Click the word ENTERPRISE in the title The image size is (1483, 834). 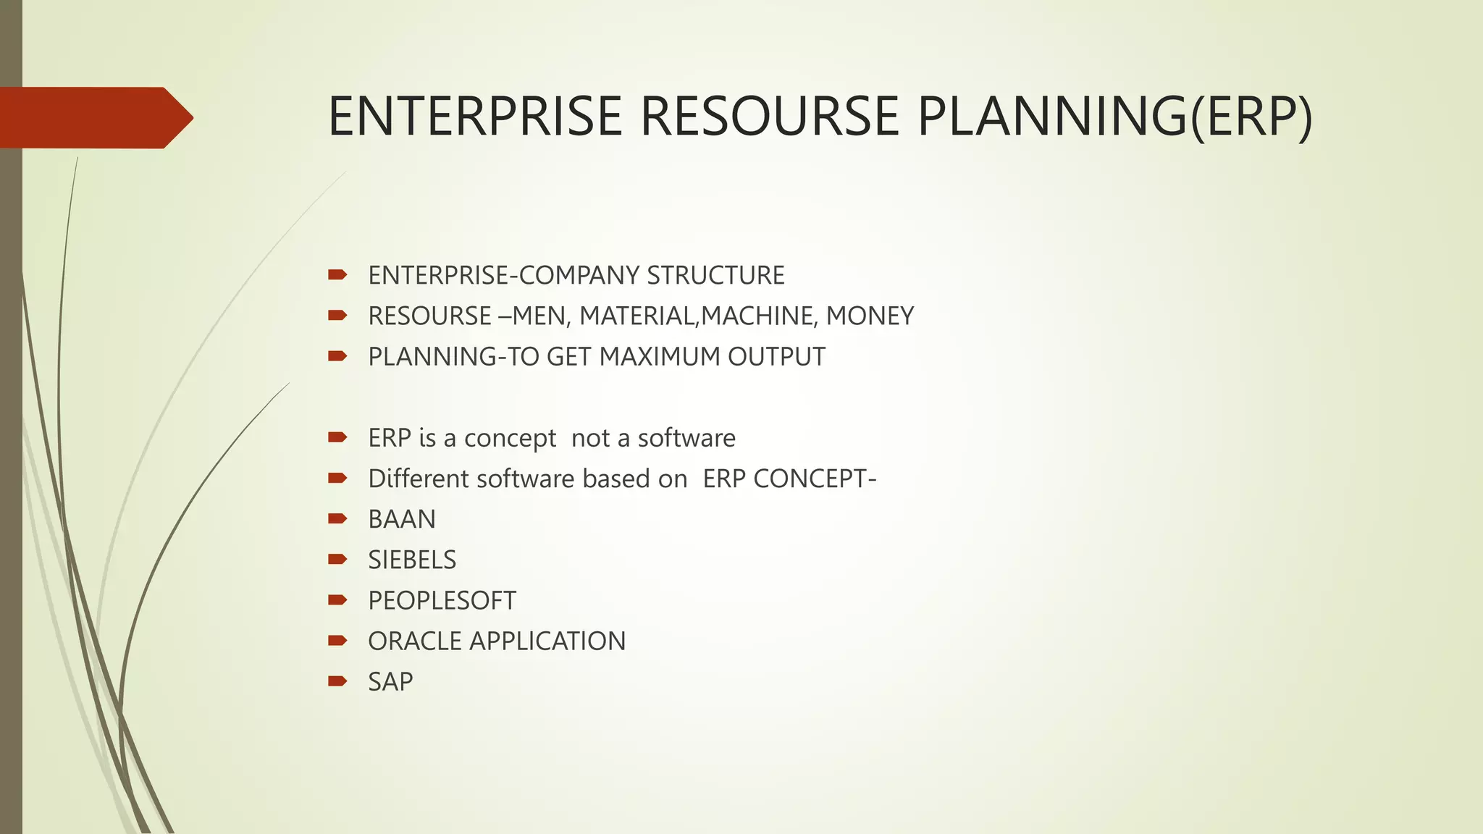point(475,117)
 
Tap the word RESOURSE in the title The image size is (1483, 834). point(770,117)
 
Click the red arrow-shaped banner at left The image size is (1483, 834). point(94,117)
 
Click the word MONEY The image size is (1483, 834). point(870,316)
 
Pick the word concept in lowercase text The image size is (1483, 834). point(510,439)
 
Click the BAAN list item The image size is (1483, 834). point(402,520)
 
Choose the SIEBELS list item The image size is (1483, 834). point(412,560)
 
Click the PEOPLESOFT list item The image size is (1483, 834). point(442,601)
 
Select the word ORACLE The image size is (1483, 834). point(415,641)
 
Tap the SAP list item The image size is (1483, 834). point(390,682)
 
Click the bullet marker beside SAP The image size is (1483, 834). point(337,681)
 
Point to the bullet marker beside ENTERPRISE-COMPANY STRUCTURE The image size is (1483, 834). point(337,274)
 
